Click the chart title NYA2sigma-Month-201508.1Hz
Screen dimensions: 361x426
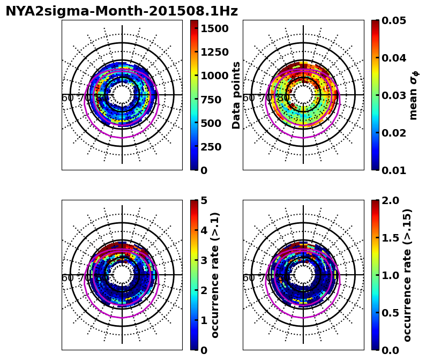point(122,11)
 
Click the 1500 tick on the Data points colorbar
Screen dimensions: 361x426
point(215,28)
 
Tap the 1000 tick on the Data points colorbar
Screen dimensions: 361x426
point(215,76)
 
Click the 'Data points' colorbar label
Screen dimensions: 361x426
point(236,95)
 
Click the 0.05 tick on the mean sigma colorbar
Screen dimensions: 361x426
point(392,20)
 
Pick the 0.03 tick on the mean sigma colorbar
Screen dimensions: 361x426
point(392,95)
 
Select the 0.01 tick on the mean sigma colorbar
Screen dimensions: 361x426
point(392,170)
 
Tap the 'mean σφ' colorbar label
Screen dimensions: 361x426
point(413,95)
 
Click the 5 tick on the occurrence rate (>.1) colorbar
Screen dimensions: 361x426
point(204,200)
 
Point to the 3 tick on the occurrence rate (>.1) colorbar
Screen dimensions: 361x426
point(204,260)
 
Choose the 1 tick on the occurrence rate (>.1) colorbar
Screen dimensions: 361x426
point(204,320)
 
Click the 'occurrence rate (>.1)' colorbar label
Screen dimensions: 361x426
point(215,275)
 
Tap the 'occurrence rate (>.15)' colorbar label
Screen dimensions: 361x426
point(407,275)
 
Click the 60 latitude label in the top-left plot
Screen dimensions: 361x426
point(68,98)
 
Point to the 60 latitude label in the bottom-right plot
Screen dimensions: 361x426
point(249,278)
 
